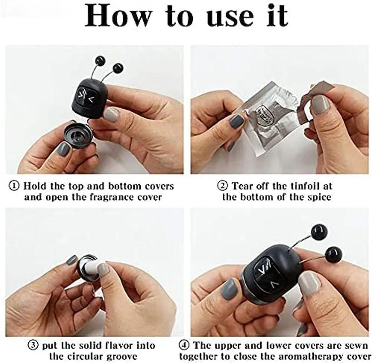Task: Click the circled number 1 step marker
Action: pyautogui.click(x=14, y=186)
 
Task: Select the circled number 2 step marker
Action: pyautogui.click(x=223, y=186)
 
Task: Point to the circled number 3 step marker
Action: pyautogui.click(x=33, y=345)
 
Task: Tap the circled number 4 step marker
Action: pyautogui.click(x=184, y=345)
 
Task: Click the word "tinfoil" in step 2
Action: pyautogui.click(x=302, y=186)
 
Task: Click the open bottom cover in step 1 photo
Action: pyautogui.click(x=79, y=136)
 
